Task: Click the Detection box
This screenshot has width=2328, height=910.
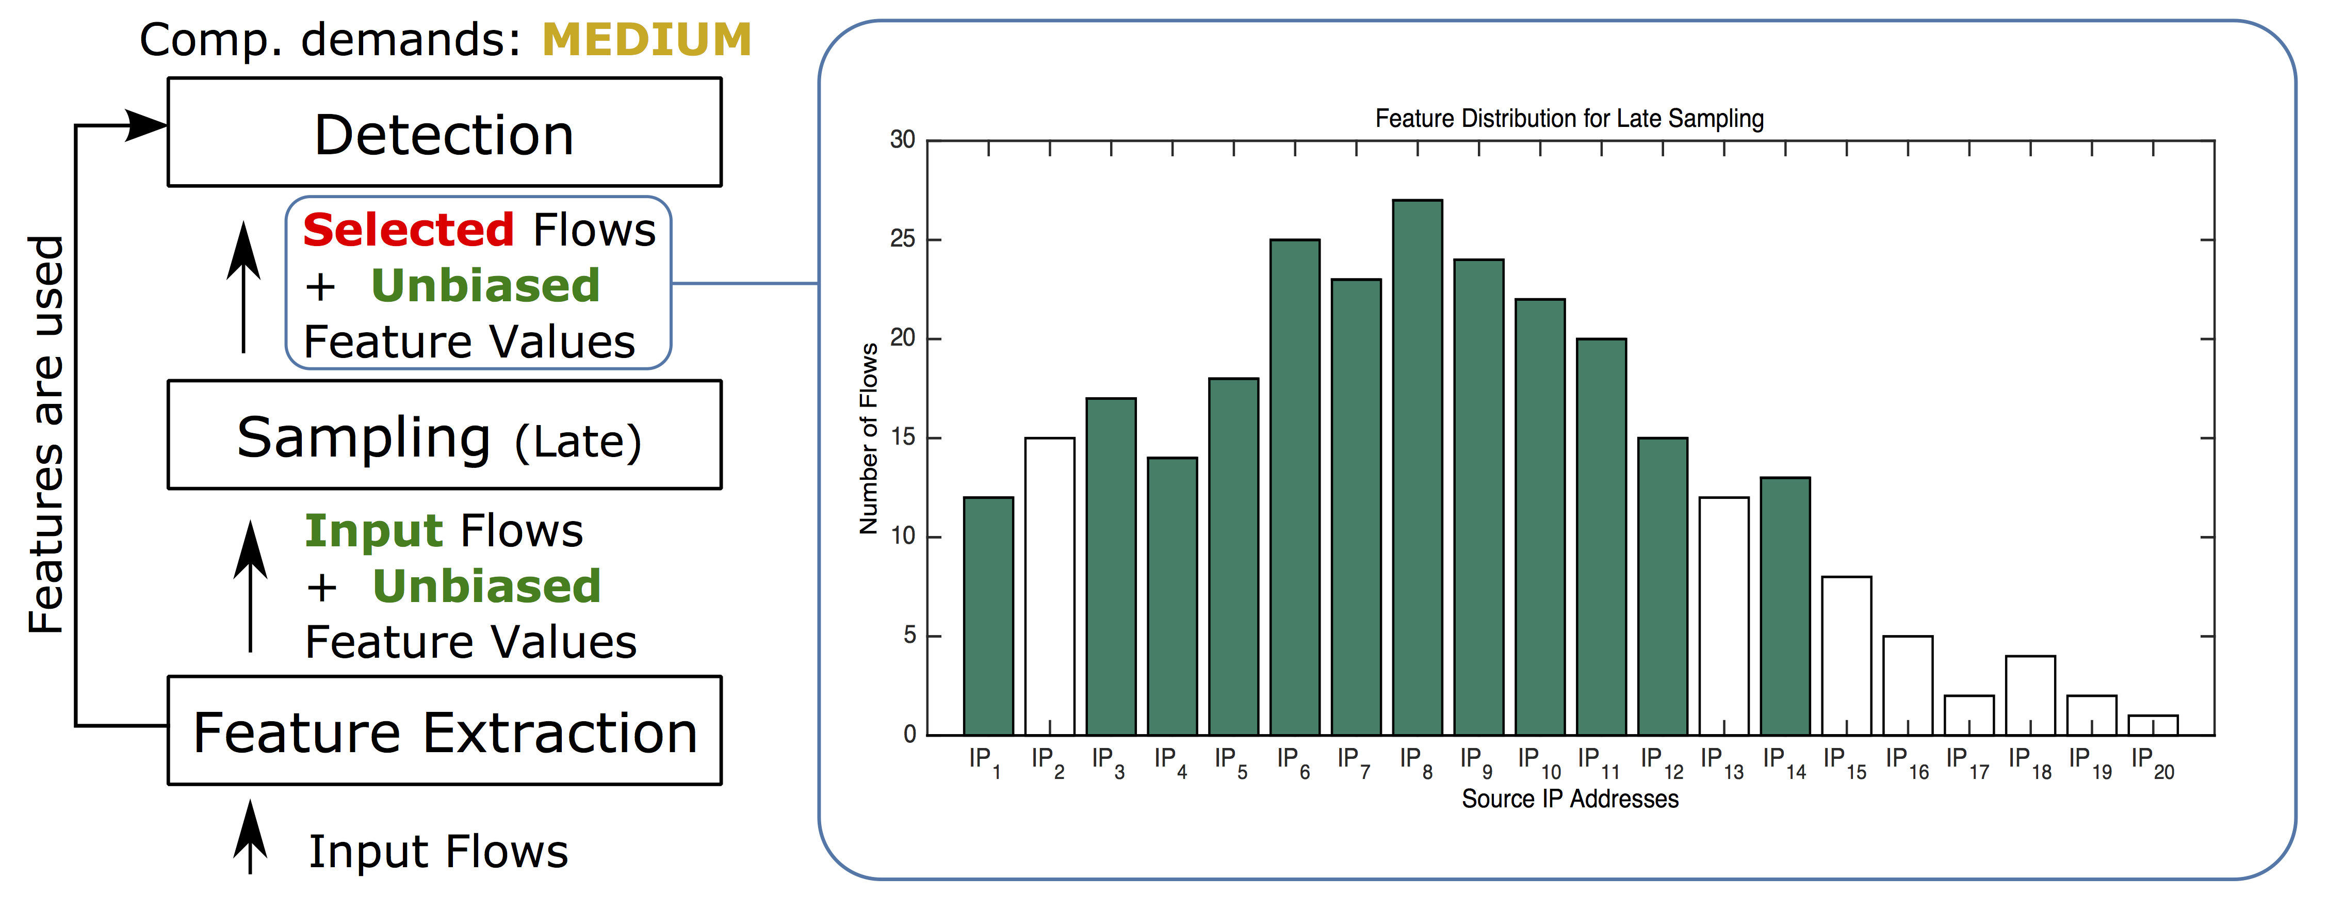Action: coord(444,133)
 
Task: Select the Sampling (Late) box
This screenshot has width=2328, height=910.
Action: coord(444,435)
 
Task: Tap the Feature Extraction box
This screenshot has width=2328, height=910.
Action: coord(444,731)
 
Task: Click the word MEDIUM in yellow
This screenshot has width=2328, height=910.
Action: coord(646,41)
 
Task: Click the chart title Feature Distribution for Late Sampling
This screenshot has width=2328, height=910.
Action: coord(1569,118)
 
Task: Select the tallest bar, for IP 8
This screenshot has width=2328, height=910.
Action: coord(1417,467)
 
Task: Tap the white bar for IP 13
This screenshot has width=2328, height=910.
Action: coord(1723,616)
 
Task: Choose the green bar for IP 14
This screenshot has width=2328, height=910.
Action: coord(1785,606)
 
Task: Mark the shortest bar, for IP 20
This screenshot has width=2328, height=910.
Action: coord(2153,726)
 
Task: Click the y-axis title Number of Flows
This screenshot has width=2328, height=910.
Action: coord(869,438)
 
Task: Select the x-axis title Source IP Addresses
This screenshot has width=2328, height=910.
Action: coord(1570,799)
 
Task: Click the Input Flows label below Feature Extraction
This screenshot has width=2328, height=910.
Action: coord(438,852)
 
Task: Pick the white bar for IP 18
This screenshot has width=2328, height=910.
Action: coord(2030,696)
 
